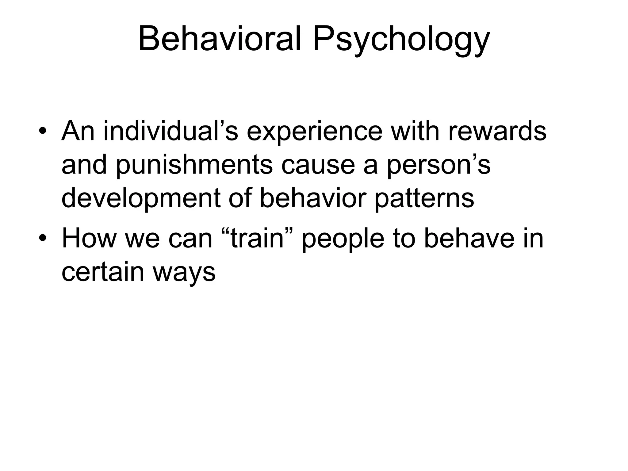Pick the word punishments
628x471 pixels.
(x=194, y=166)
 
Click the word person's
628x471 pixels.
(x=438, y=166)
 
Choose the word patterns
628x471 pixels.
(x=424, y=199)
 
